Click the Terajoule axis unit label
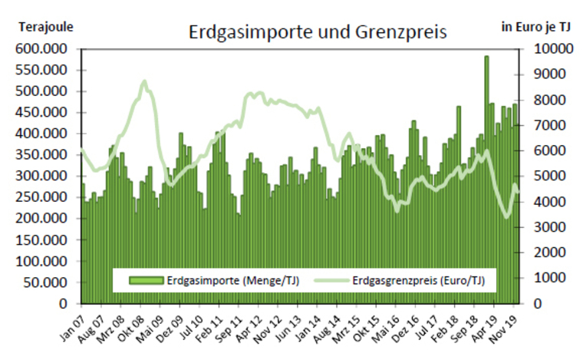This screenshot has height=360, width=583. (46, 26)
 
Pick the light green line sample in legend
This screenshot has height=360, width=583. (328, 280)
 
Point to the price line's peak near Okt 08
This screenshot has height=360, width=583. (144, 81)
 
